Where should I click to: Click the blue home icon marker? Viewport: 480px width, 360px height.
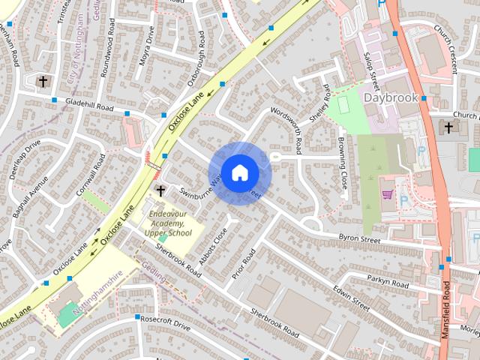point(239,172)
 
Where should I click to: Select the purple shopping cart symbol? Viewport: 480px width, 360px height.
point(388,194)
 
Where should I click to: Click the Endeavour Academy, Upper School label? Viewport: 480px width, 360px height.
point(169,223)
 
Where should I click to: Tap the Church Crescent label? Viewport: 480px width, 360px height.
point(445,49)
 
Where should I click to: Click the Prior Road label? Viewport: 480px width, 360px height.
point(244,264)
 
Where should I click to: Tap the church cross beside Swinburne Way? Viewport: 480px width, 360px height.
point(160,191)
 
